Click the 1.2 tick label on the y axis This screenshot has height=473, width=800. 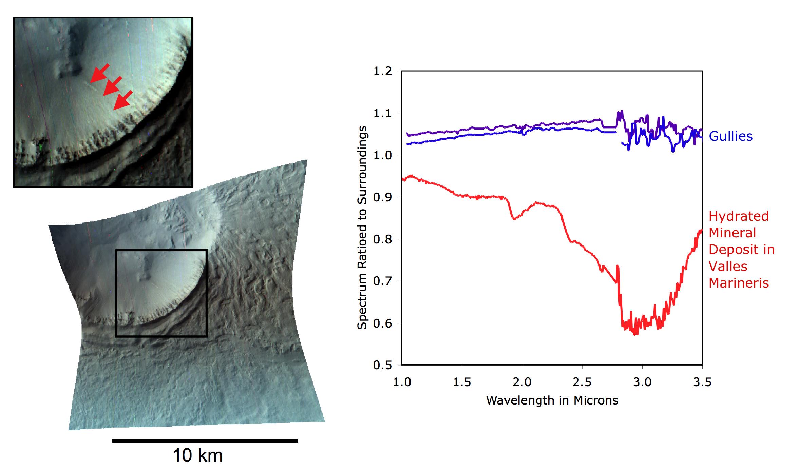tap(382, 72)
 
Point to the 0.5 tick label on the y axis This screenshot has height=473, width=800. tap(382, 366)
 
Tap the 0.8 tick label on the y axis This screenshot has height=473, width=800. tap(382, 239)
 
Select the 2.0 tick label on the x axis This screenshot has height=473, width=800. tap(522, 382)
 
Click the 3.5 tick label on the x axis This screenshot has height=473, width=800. tap(702, 382)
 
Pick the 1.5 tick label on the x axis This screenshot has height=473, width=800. tap(462, 382)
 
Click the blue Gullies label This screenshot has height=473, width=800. tap(730, 136)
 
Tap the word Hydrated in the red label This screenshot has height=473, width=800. tap(738, 216)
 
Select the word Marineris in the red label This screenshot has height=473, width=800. tap(739, 283)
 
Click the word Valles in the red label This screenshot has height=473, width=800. tap(728, 266)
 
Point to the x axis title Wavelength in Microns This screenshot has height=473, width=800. tap(552, 400)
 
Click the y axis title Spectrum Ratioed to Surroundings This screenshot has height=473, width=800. tap(362, 228)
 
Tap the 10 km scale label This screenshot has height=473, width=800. tap(197, 455)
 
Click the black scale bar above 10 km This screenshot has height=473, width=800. tap(205, 441)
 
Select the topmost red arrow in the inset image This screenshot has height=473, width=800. tap(100, 73)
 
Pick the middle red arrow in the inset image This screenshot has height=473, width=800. tap(112, 86)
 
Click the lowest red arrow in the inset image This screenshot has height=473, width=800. tap(122, 100)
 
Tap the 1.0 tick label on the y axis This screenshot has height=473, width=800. tap(382, 155)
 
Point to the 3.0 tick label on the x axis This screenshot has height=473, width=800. tap(642, 382)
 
